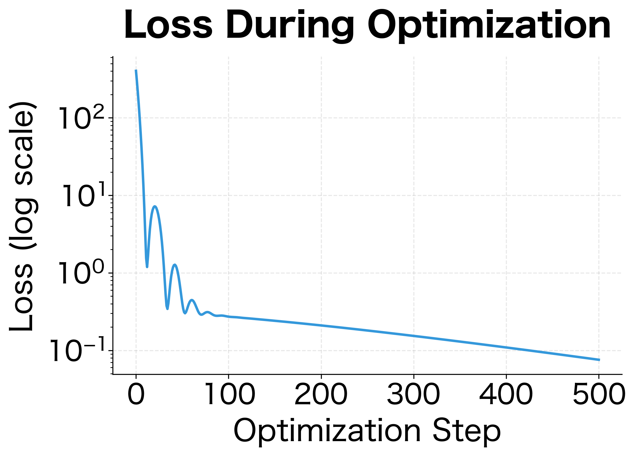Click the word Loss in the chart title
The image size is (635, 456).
click(x=168, y=25)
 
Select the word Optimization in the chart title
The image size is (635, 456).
click(x=489, y=25)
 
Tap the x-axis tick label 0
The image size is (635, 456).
click(x=136, y=394)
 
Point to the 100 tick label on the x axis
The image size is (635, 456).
click(x=228, y=394)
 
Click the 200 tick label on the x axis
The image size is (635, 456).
click(x=321, y=394)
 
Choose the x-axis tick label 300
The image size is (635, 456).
click(x=413, y=394)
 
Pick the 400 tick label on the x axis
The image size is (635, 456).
click(x=506, y=394)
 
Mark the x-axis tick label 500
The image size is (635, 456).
click(x=598, y=394)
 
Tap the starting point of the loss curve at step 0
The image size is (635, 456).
click(x=136, y=70)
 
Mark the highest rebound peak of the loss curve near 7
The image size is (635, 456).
click(x=155, y=206)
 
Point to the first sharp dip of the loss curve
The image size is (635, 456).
click(x=147, y=267)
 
